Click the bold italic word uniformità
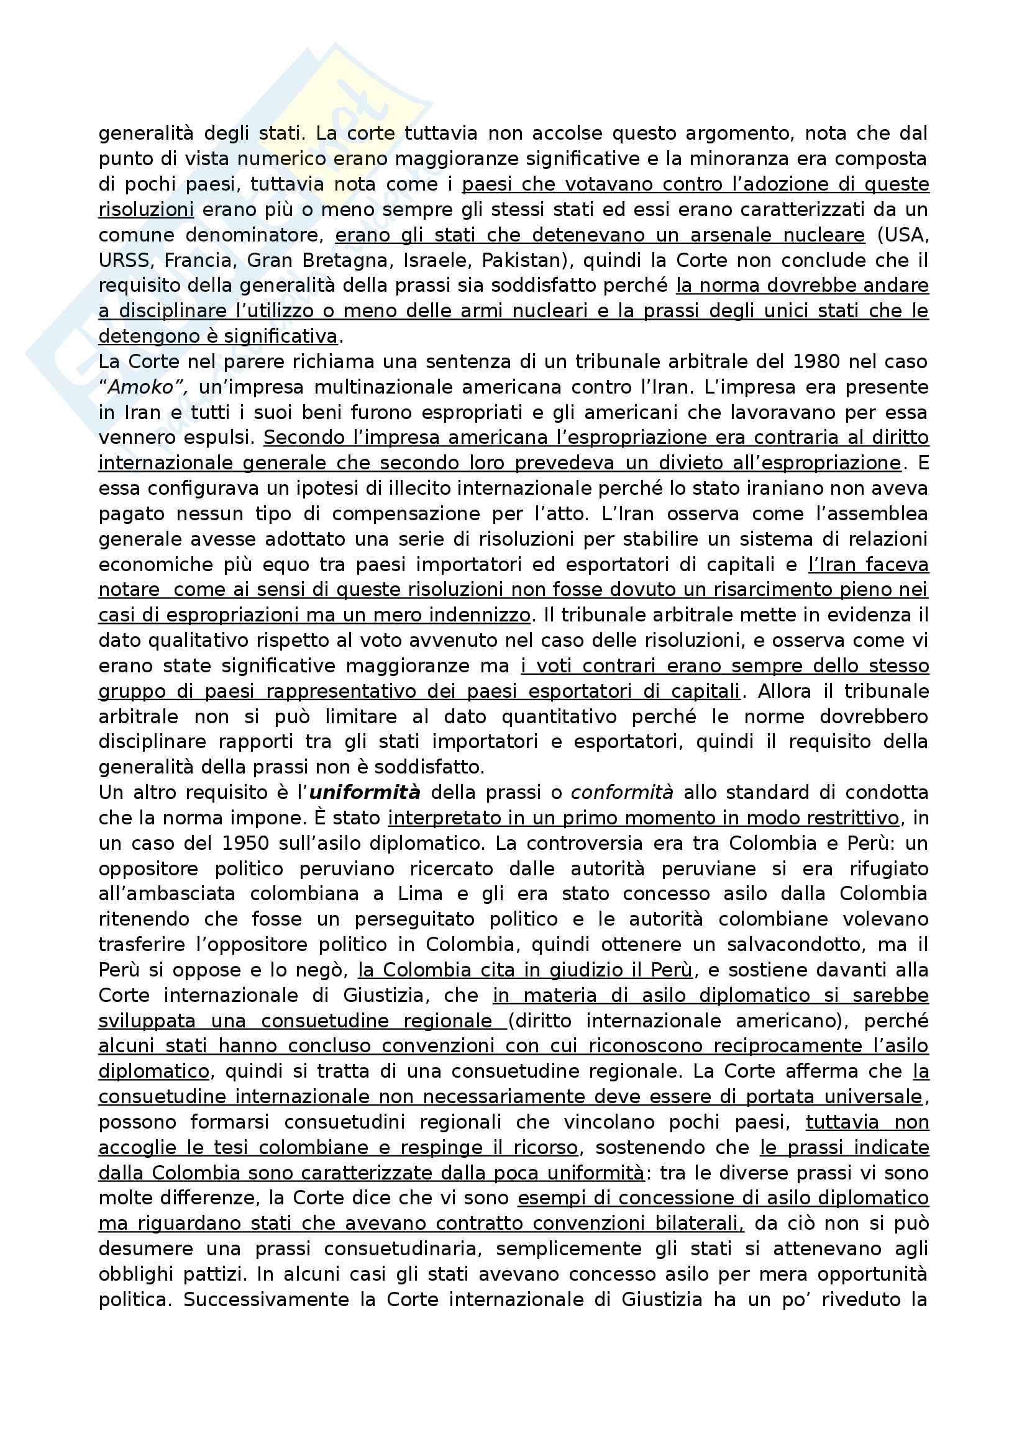(365, 793)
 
